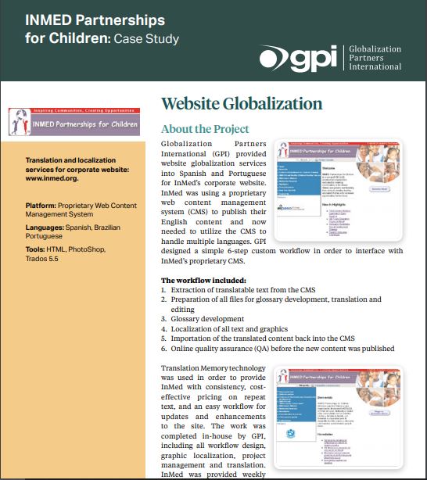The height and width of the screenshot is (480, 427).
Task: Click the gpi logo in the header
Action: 298,59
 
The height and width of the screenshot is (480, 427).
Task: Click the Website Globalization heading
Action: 241,104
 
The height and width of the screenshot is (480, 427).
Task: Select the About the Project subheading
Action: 205,129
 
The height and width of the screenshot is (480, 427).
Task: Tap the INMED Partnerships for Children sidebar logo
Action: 74,120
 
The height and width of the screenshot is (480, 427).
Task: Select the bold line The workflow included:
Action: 203,279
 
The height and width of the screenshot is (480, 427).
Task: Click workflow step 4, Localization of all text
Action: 229,329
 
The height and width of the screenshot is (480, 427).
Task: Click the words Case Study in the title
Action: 145,38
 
